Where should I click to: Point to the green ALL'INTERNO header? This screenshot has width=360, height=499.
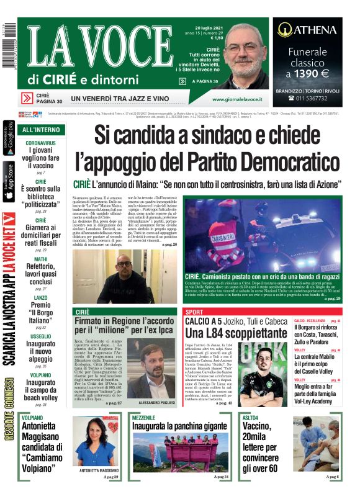tap(41, 130)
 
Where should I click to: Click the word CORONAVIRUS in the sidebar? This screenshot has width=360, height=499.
tap(41, 143)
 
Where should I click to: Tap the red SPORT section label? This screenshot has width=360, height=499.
tap(194, 312)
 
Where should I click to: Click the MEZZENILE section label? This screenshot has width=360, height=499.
tap(144, 418)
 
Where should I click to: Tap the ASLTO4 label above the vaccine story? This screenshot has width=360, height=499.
tap(251, 418)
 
